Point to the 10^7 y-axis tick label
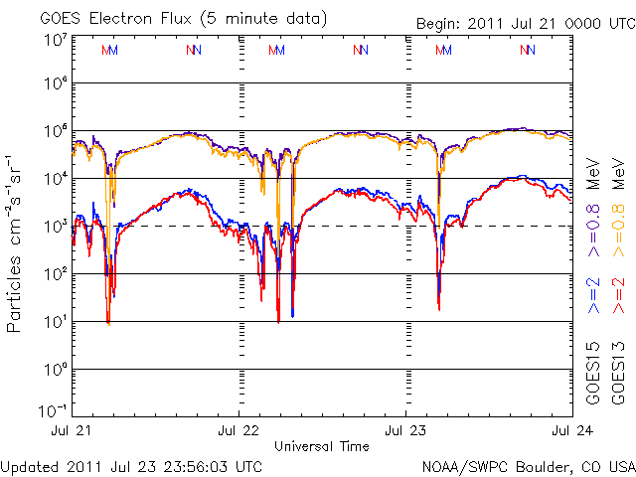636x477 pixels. point(54,40)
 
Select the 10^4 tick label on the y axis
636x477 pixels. point(54,179)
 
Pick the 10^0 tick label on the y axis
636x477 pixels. point(54,370)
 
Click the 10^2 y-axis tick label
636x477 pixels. point(54,274)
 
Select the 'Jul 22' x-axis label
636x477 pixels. point(239,431)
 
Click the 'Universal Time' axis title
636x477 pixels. point(322,446)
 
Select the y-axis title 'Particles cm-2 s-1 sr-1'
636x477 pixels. point(16,242)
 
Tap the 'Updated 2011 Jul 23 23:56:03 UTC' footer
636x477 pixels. point(132,466)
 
